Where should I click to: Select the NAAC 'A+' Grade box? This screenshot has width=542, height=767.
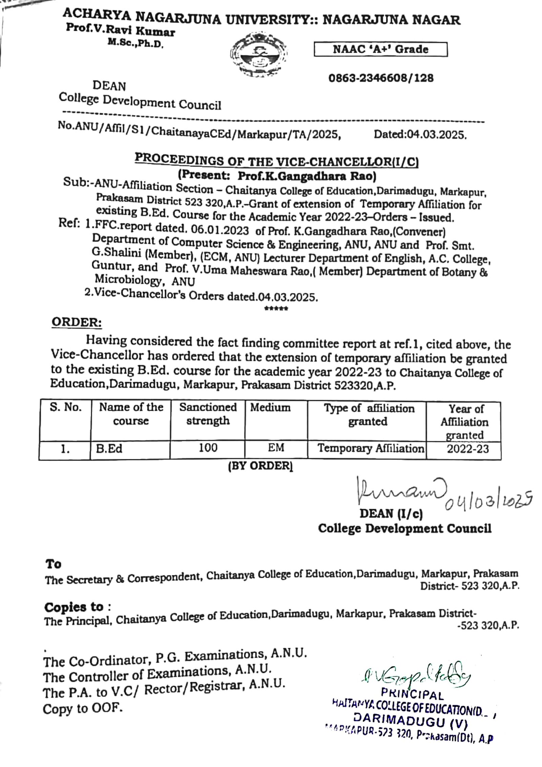point(380,49)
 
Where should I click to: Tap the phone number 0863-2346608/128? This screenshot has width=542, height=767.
point(381,78)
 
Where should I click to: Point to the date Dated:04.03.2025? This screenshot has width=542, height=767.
point(420,135)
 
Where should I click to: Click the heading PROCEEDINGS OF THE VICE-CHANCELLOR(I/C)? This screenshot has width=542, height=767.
point(276,160)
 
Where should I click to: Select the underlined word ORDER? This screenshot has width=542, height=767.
point(77,322)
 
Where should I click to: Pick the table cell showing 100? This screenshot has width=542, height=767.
point(208,448)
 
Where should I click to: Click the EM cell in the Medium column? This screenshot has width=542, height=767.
point(276,448)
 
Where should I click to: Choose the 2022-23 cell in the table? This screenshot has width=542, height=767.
point(467,449)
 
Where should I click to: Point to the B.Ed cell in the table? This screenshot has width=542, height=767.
point(109,449)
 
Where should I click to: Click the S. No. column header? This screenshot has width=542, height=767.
point(66,407)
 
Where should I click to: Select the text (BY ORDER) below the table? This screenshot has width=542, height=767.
point(260,466)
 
